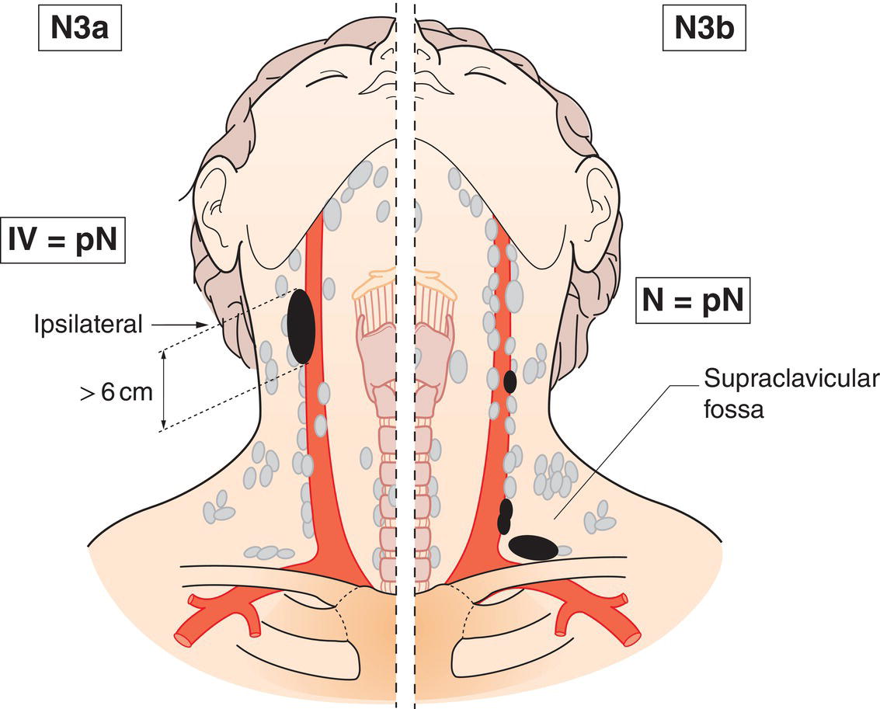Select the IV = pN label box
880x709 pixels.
63,241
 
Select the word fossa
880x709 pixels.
734,409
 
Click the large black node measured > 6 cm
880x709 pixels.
301,326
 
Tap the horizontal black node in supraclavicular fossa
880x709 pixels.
533,547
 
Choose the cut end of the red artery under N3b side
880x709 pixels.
631,638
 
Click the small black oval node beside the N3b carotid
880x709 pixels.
510,381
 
